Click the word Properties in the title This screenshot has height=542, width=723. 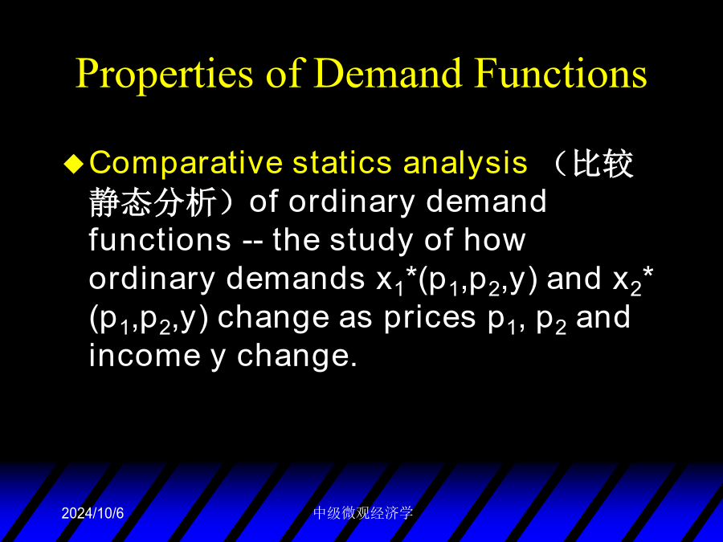pos(164,74)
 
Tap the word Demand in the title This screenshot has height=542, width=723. pos(388,73)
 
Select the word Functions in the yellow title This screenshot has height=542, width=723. pos(562,73)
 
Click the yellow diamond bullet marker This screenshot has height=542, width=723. pos(74,164)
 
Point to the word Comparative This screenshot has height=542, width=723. pos(186,164)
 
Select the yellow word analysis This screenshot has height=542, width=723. pos(465,164)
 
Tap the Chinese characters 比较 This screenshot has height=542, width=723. pos(602,164)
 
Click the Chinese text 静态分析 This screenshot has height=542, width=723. pos(152,202)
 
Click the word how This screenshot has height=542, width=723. pos(494,239)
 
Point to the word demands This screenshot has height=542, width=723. pos(296,279)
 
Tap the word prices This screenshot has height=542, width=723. pos(429,317)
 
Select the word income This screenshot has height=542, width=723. pos(145,356)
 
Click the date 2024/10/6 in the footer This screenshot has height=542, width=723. pos(92,513)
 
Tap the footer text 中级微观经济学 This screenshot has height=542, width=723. pos(363,513)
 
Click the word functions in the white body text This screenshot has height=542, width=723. pos(160,239)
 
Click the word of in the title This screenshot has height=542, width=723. pos(284,73)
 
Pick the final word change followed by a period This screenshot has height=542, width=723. pos(297,356)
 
